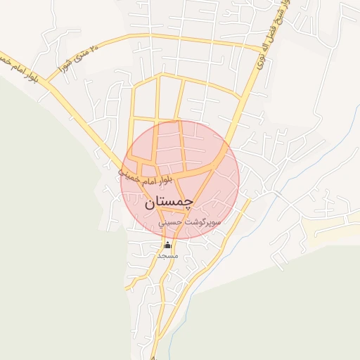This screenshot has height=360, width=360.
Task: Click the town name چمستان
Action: click(x=169, y=202)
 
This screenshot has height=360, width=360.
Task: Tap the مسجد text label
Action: click(x=167, y=256)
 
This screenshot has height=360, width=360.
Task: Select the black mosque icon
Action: click(x=167, y=245)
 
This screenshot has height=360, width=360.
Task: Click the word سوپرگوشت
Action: click(x=205, y=221)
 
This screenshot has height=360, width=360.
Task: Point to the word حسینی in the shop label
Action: click(x=172, y=221)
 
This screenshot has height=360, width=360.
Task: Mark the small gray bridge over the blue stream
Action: click(x=276, y=193)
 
